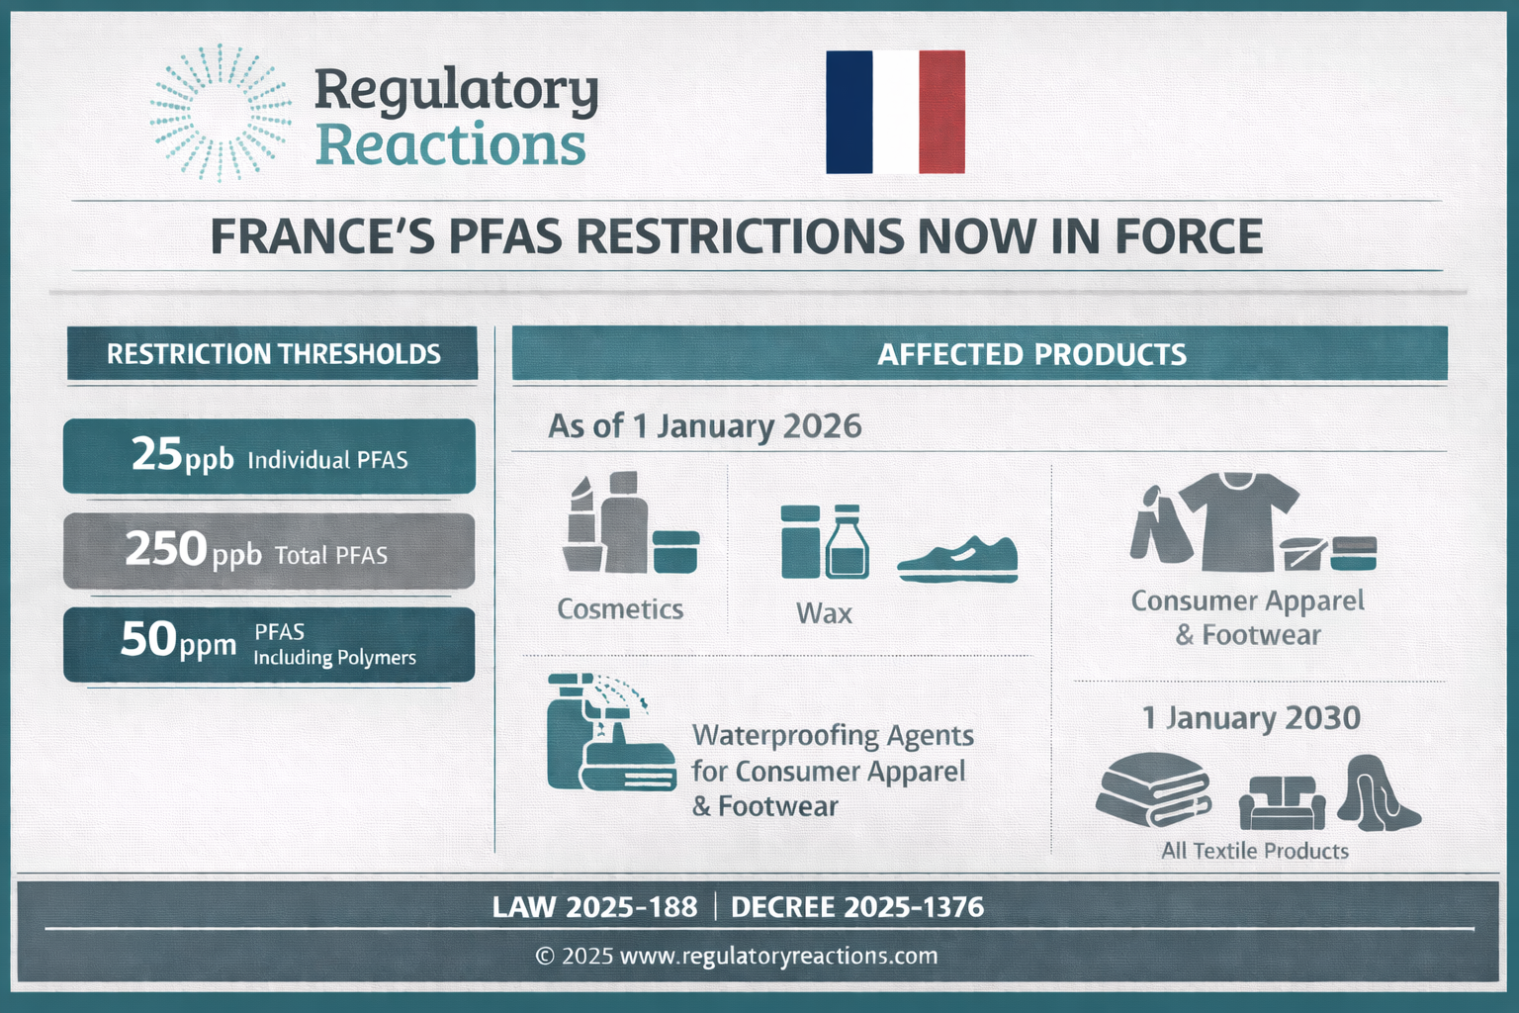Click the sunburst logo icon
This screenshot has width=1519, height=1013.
[x=220, y=113]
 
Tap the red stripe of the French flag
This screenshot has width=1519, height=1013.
[x=941, y=112]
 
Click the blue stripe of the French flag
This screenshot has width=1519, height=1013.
[x=849, y=112]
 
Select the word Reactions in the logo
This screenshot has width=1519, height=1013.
[x=450, y=145]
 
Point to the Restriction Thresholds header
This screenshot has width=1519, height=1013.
[x=273, y=354]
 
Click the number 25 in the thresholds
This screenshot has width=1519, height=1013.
[x=157, y=454]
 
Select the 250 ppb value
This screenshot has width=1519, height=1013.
[x=193, y=550]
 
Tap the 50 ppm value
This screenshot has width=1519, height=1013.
[x=178, y=641]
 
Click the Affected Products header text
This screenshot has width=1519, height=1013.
[x=1031, y=354]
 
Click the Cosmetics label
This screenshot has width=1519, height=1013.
[x=620, y=609]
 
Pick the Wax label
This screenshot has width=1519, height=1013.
[x=824, y=613]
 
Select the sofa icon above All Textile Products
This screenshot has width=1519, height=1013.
[x=1282, y=801]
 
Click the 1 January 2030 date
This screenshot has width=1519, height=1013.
[x=1251, y=718]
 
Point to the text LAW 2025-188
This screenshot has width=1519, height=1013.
[x=594, y=907]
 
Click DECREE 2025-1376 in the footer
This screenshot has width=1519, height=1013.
[x=857, y=907]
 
